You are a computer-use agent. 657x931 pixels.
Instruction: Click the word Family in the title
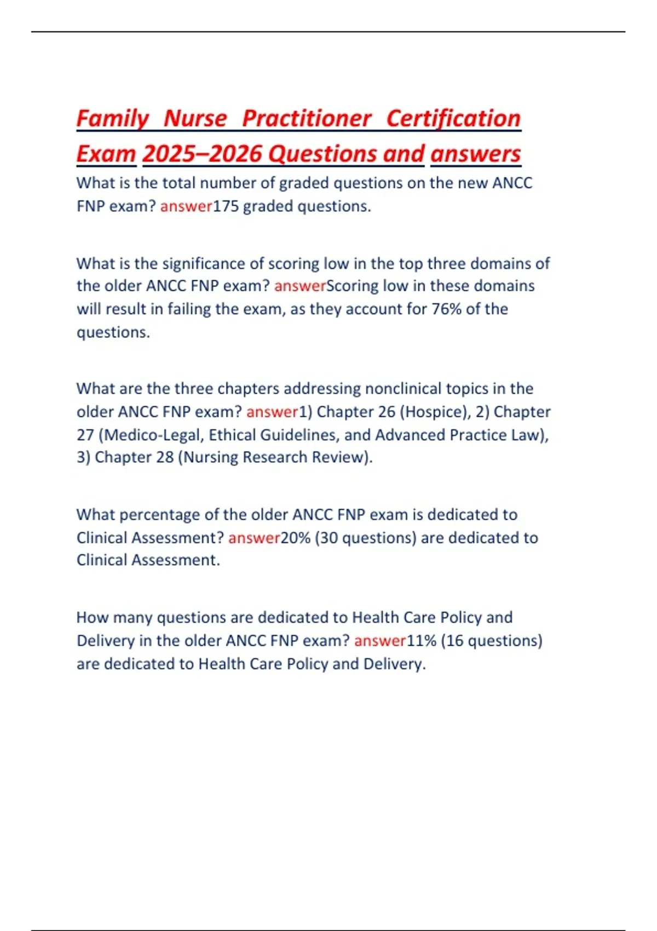(x=112, y=119)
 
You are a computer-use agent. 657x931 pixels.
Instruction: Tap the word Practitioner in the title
(x=307, y=119)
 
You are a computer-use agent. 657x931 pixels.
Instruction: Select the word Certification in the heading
(x=453, y=119)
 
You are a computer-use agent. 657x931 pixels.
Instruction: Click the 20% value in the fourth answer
(x=296, y=538)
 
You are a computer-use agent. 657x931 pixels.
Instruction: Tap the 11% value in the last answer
(x=421, y=641)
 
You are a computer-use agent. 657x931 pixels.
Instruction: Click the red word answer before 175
(x=186, y=206)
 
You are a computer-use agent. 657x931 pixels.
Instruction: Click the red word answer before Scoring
(x=300, y=286)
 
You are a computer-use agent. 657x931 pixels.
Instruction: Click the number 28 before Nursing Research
(x=164, y=457)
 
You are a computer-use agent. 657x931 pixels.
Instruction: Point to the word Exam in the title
(x=106, y=154)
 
